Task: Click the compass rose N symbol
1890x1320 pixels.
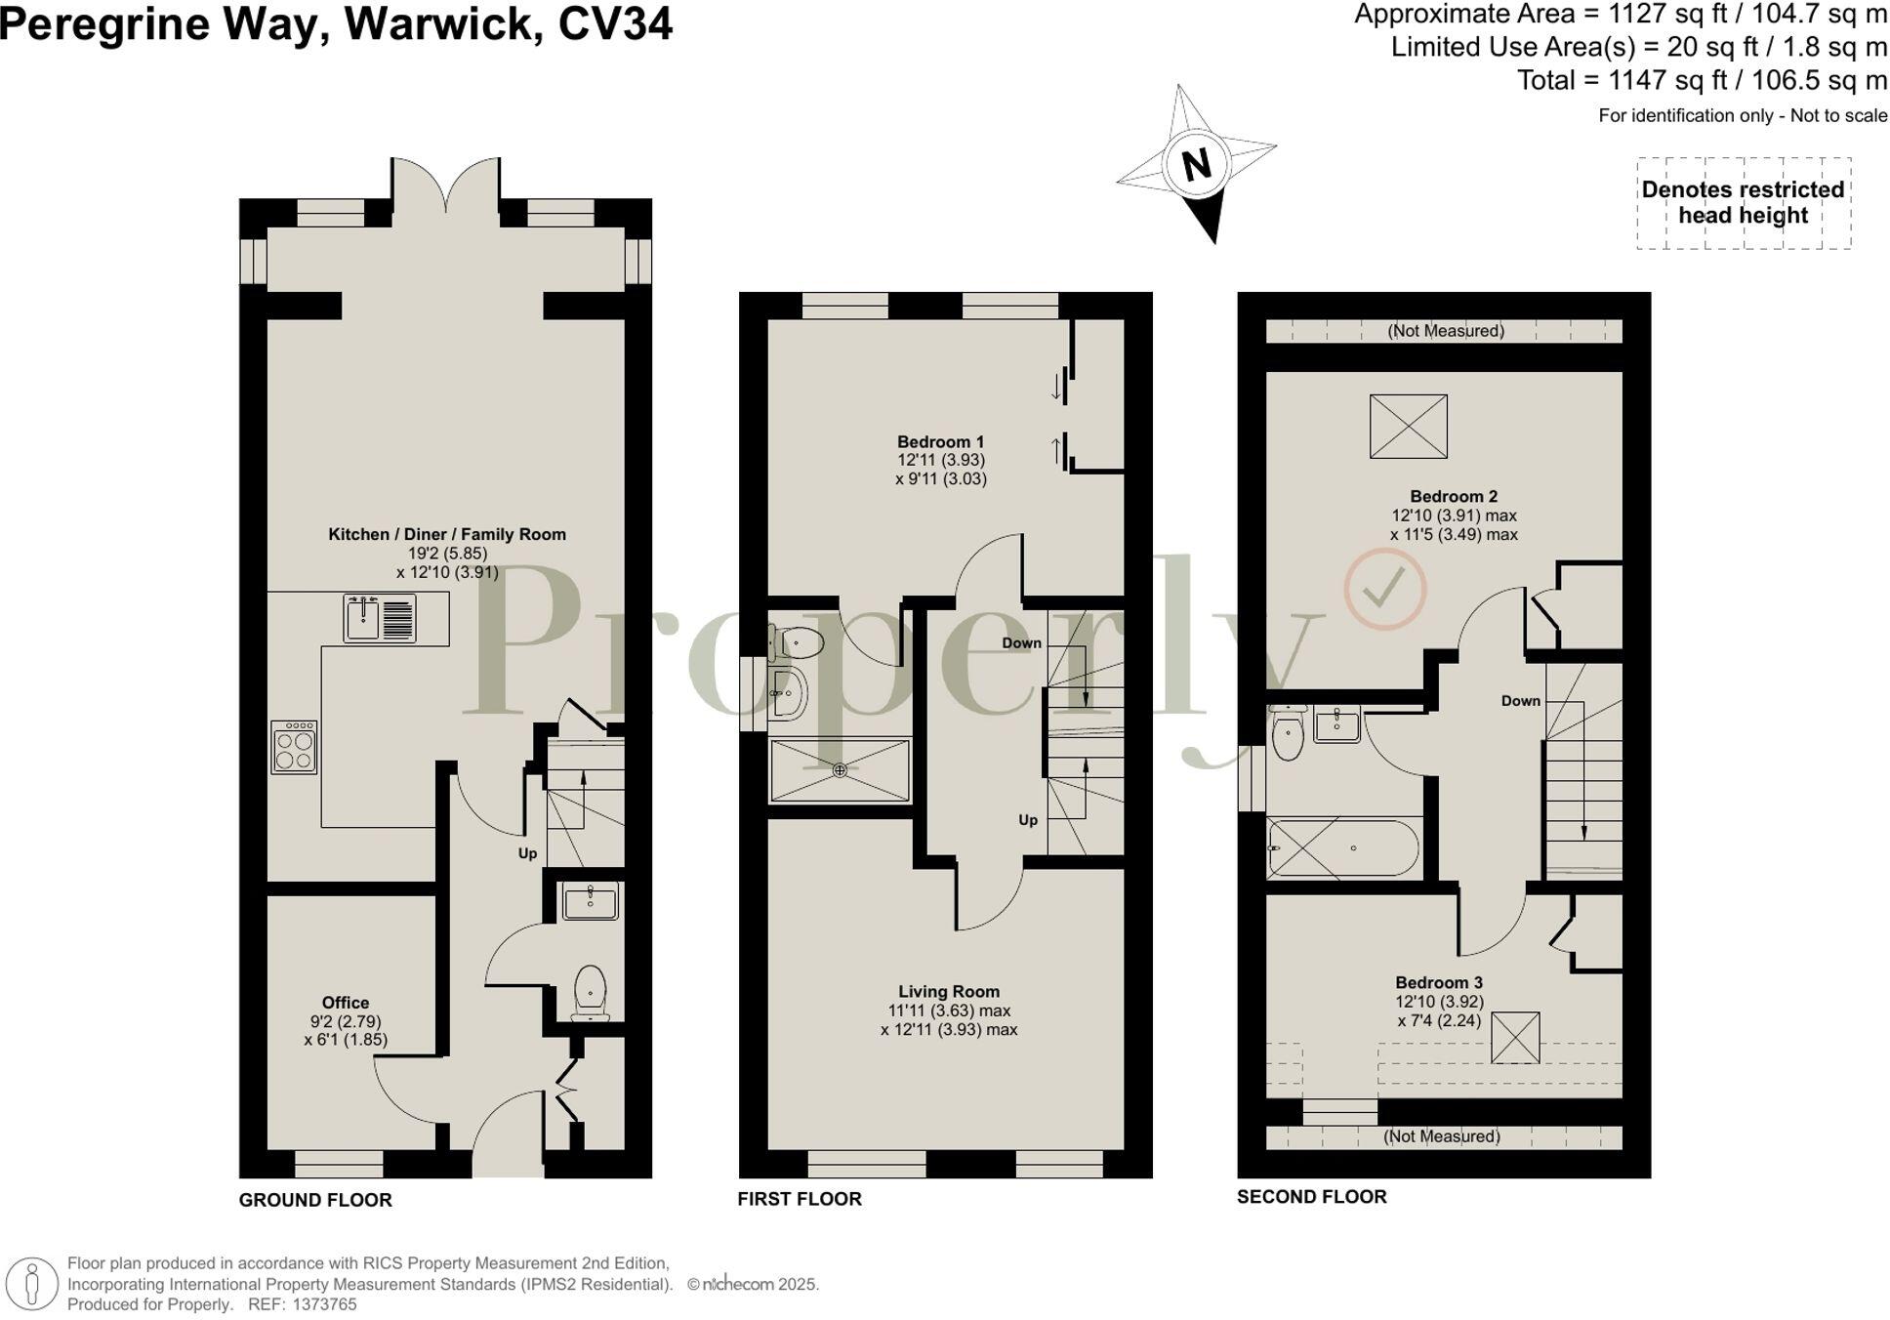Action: click(1196, 163)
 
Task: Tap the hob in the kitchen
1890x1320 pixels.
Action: click(294, 747)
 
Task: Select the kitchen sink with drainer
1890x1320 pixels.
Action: click(380, 618)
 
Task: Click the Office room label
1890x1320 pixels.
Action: click(346, 1003)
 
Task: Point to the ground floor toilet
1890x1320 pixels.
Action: click(590, 991)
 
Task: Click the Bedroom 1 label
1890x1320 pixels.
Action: click(941, 441)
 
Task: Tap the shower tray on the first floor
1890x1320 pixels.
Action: click(840, 770)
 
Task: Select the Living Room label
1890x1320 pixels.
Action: click(949, 991)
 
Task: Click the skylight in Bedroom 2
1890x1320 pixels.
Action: click(1408, 426)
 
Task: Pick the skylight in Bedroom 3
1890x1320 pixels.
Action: click(1515, 1037)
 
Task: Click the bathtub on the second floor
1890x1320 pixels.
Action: click(1343, 848)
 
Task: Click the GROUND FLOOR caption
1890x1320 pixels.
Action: click(315, 1200)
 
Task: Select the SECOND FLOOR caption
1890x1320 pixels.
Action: click(1311, 1197)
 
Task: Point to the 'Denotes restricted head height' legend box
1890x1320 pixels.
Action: click(1743, 203)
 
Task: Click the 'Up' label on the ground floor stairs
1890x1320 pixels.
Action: click(527, 853)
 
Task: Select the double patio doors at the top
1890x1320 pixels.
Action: click(446, 186)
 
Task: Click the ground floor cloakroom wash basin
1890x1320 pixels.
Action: click(590, 901)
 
